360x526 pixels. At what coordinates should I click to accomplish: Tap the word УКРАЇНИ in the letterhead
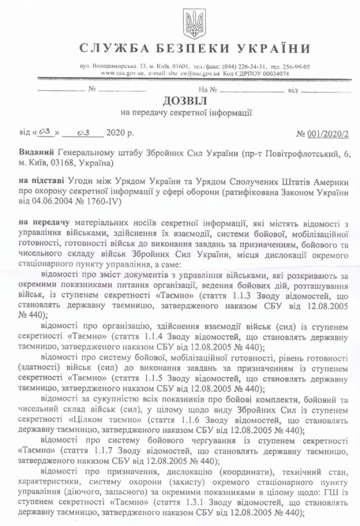point(272,48)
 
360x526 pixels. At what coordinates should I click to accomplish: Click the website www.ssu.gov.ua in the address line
point(123,73)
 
